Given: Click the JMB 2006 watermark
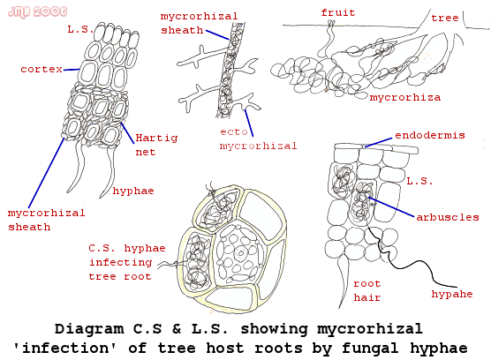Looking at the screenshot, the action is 37,11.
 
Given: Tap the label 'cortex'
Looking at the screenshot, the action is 42,69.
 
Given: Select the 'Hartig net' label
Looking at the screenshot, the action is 156,145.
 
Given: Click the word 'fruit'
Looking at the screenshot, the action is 338,13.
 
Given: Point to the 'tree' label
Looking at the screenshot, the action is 445,18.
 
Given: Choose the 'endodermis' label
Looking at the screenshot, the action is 430,135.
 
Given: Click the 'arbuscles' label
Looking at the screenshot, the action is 448,217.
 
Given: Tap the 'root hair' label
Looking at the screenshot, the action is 367,290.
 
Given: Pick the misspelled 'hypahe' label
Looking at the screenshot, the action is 452,294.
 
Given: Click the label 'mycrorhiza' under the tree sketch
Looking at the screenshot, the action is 405,98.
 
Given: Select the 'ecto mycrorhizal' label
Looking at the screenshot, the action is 258,139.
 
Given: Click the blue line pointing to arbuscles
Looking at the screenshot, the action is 391,206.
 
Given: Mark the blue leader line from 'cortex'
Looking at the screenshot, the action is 72,70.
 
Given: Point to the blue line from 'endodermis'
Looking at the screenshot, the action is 378,142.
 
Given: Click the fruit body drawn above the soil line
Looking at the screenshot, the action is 328,39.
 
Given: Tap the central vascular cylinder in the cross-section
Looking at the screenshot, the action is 240,253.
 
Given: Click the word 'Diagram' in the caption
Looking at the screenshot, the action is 89,329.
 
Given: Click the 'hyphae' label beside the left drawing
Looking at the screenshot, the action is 133,191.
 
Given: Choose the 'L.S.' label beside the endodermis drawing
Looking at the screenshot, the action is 419,181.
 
